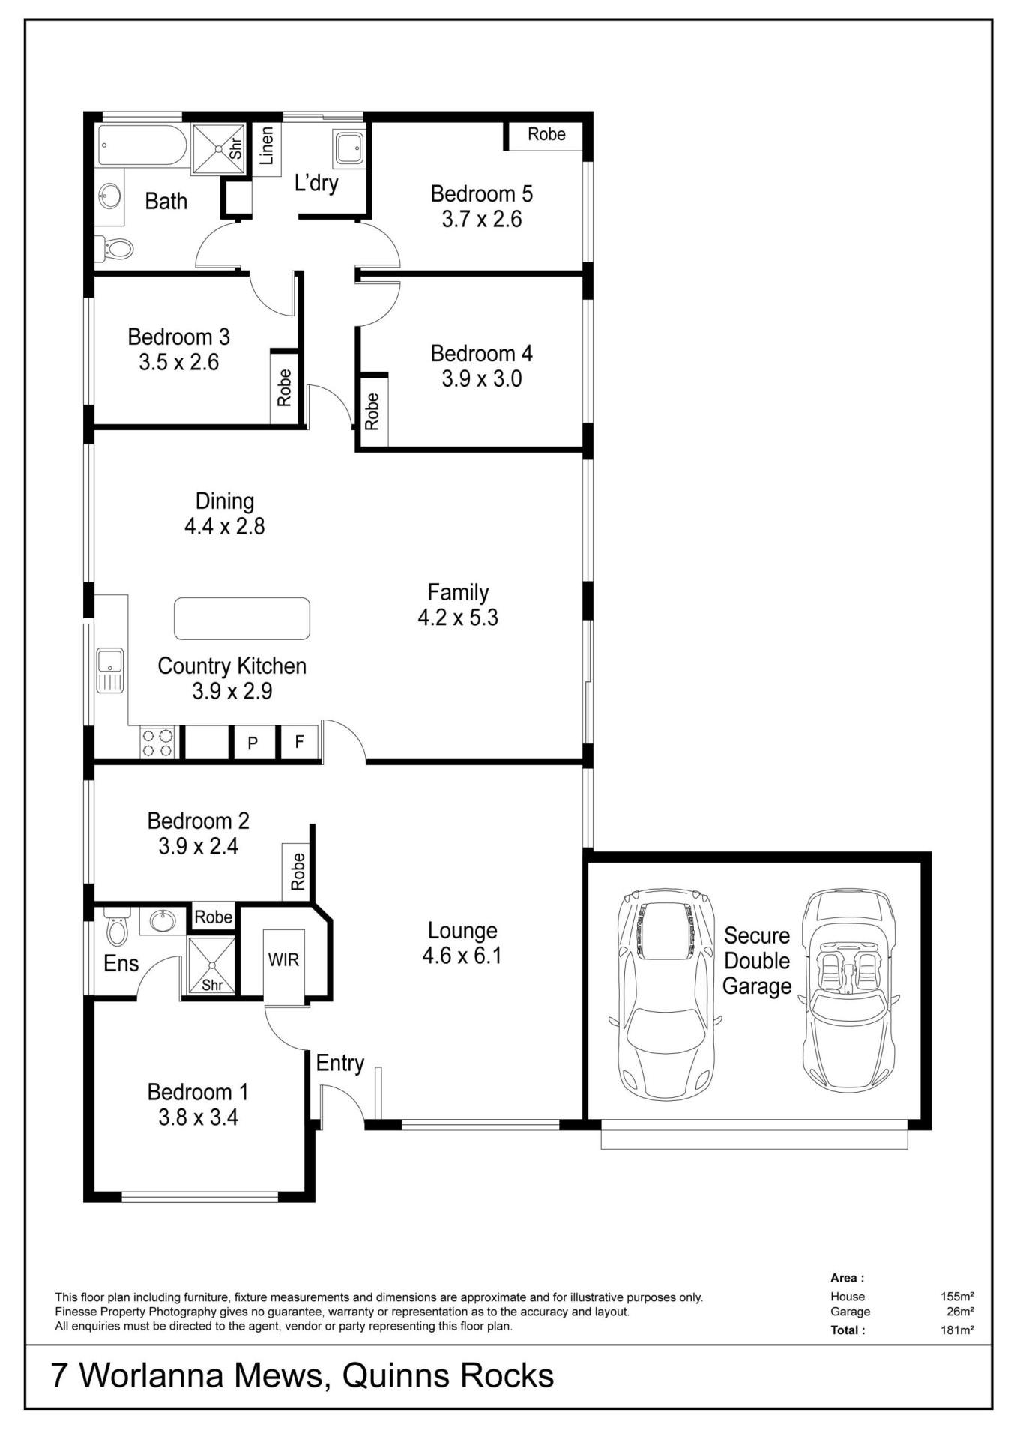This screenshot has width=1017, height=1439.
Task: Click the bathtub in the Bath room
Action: (x=142, y=145)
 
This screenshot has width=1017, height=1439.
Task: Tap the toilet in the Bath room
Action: (x=115, y=247)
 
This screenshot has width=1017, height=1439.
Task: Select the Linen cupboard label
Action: (x=265, y=145)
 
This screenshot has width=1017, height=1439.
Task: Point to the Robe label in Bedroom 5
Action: (x=546, y=134)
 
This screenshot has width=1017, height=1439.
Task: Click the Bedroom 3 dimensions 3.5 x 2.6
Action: (x=178, y=363)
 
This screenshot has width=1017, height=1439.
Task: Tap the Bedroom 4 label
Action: (x=481, y=353)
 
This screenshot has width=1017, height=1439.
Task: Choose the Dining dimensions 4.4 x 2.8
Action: (x=224, y=526)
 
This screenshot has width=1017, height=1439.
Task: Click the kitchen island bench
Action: (x=242, y=618)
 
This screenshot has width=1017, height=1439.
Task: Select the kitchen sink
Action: (x=109, y=670)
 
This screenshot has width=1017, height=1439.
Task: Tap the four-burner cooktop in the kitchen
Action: (x=157, y=743)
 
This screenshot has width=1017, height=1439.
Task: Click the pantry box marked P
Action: (x=253, y=743)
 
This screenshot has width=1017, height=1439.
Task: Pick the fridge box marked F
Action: (x=299, y=742)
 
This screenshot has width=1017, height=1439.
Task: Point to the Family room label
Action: (x=458, y=592)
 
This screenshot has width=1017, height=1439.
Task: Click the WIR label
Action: (x=283, y=960)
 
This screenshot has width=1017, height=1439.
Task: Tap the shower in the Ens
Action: (x=211, y=965)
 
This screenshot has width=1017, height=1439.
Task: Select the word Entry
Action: (x=339, y=1064)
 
